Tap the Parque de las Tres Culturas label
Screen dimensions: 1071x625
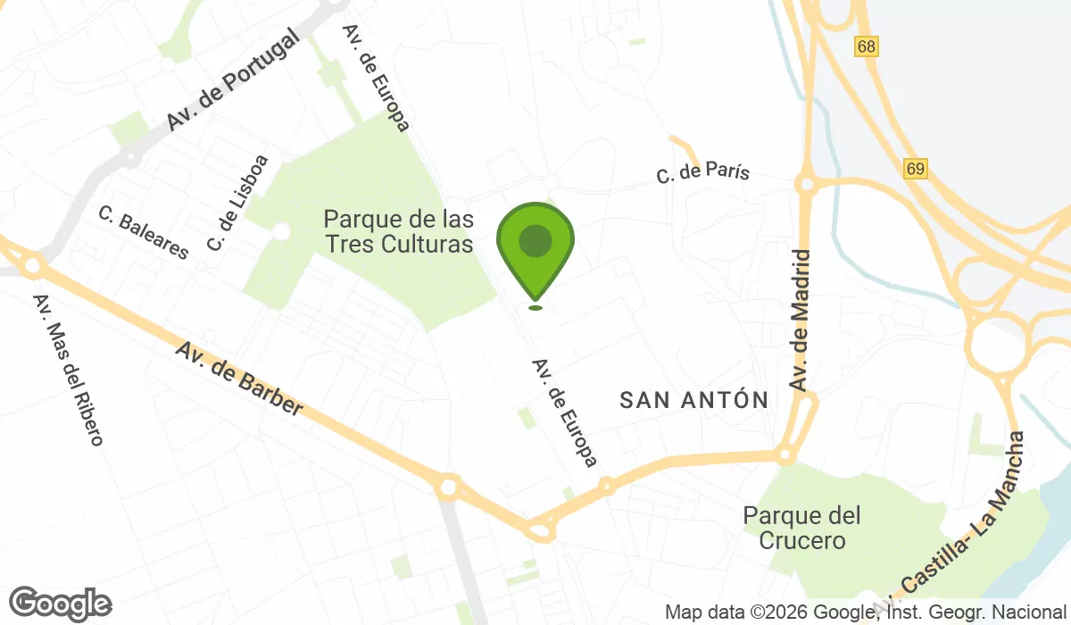click(x=398, y=231)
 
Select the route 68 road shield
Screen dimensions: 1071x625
click(x=865, y=46)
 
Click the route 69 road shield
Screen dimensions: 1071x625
click(x=915, y=168)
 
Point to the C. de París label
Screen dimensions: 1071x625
click(x=702, y=174)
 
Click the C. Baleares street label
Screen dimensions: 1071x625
click(x=144, y=233)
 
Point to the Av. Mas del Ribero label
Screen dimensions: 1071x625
click(x=69, y=370)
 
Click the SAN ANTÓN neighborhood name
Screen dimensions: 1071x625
click(x=694, y=401)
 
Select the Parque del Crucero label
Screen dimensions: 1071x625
click(x=802, y=528)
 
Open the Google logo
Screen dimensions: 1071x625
click(x=60, y=604)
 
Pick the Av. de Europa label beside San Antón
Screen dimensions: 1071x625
click(x=564, y=412)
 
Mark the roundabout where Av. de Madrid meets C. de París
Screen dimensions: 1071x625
click(x=807, y=185)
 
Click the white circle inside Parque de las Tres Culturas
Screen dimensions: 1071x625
click(x=281, y=231)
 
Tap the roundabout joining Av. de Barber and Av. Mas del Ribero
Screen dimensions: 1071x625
click(x=33, y=264)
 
